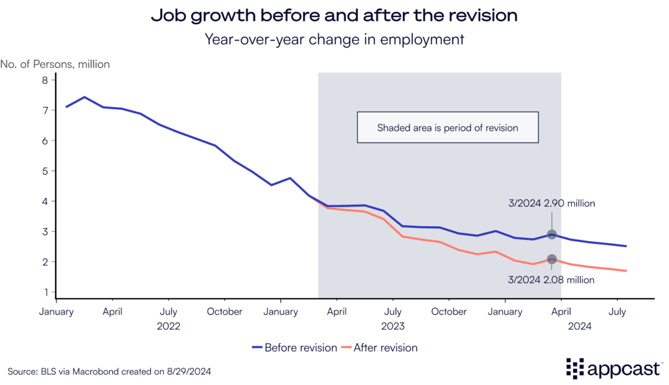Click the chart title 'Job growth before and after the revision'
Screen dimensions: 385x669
point(334,16)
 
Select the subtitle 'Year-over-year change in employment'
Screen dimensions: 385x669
point(334,39)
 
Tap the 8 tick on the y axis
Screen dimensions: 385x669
point(45,80)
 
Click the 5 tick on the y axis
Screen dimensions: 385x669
point(45,171)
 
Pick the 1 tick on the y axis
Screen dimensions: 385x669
point(45,292)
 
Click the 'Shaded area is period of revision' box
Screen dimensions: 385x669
point(448,127)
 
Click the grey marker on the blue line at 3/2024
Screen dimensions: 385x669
point(551,235)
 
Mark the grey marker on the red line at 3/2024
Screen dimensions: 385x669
point(551,259)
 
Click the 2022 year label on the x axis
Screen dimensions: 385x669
point(169,325)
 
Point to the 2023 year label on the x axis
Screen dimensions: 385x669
point(393,325)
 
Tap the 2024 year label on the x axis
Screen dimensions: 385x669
point(579,325)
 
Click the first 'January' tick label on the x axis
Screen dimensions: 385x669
point(57,312)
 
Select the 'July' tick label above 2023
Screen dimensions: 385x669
point(393,312)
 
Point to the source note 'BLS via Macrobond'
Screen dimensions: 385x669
point(109,371)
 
